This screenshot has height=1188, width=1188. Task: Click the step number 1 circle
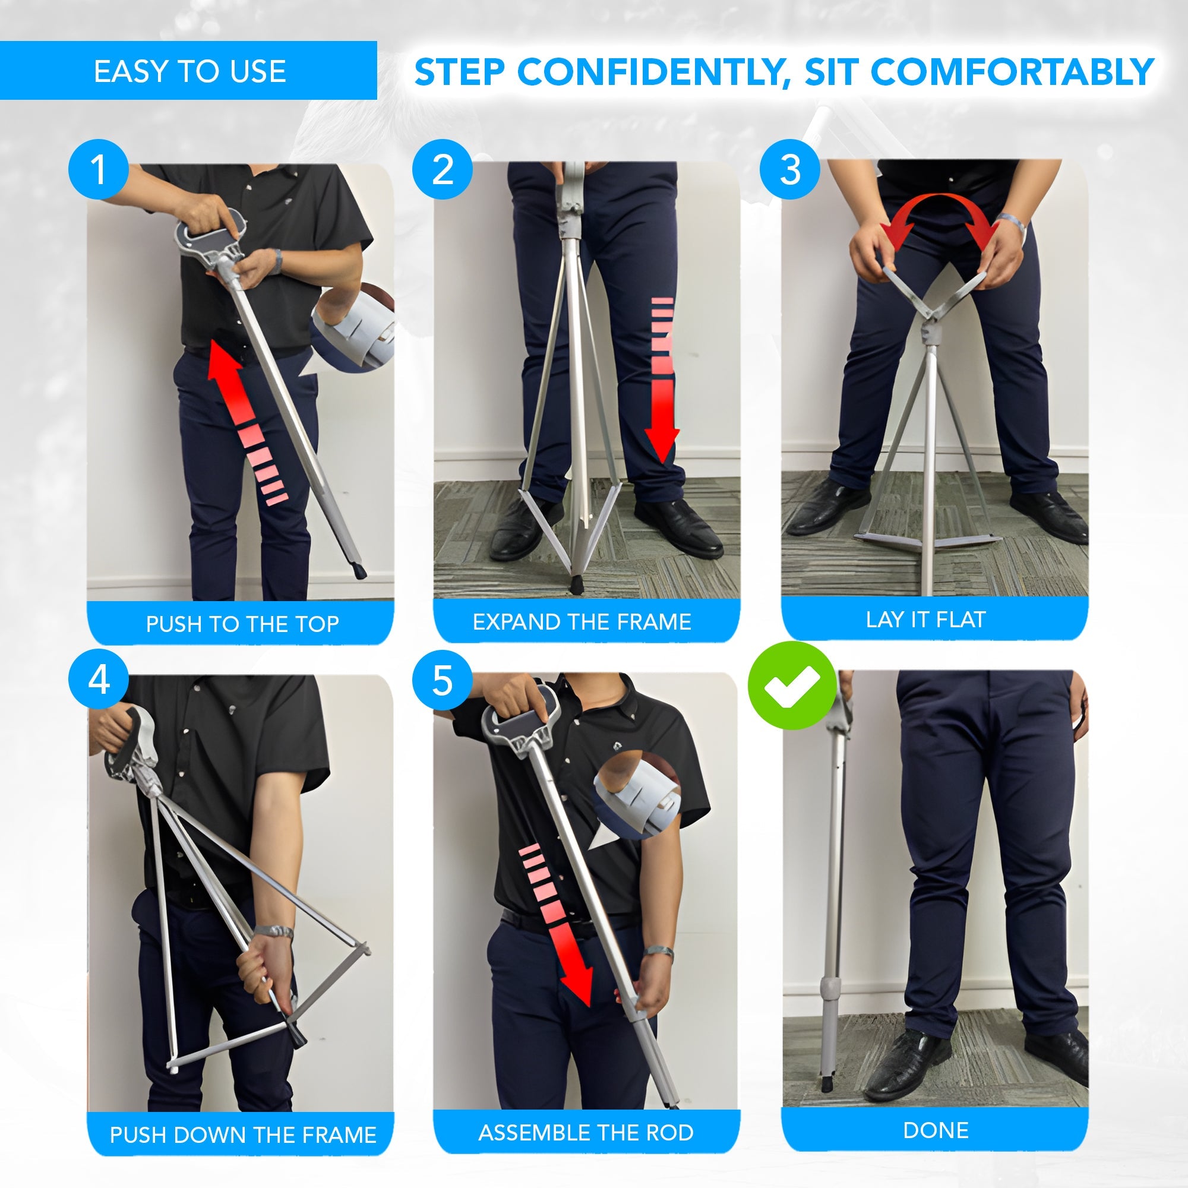coord(99,169)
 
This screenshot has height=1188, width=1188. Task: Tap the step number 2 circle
coord(442,169)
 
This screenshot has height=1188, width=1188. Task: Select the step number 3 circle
coord(789,169)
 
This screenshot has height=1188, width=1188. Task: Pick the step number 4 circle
coord(99,680)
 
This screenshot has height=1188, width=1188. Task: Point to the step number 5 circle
coord(442,680)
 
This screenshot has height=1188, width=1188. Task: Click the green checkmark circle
coord(792,685)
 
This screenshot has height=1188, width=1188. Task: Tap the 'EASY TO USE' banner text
coord(190,71)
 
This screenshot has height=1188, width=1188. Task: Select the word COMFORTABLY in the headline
coord(1012,72)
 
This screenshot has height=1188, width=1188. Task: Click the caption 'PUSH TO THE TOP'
coord(242,624)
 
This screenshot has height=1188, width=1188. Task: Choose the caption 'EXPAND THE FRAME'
coord(582,622)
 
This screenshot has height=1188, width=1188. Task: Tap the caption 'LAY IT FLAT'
coord(926,619)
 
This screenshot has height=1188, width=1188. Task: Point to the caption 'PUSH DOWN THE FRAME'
coord(243,1135)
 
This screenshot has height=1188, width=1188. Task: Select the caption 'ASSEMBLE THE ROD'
coord(586,1132)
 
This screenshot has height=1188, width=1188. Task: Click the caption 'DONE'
coord(936,1130)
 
